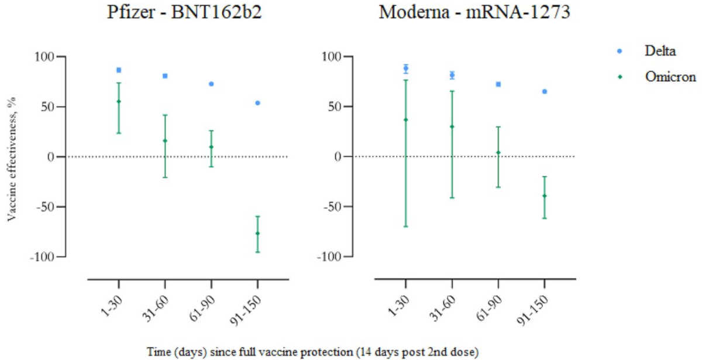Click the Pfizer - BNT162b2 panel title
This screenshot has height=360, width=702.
(184, 12)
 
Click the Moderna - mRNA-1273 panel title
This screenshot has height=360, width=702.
(474, 12)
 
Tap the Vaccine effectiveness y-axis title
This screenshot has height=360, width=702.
(12, 159)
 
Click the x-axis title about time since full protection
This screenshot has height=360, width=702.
(312, 352)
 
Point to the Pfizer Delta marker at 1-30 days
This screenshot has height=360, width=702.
(119, 70)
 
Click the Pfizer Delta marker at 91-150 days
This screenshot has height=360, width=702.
(257, 103)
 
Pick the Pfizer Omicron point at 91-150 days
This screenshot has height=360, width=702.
(257, 234)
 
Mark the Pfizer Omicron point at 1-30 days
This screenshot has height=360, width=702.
(119, 101)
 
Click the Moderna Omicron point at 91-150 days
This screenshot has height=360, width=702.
(545, 196)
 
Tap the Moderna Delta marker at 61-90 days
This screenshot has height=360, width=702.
(498, 84)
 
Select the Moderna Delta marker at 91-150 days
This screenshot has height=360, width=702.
(545, 91)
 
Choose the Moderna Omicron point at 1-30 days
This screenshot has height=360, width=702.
(406, 120)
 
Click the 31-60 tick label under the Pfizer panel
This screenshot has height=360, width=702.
(156, 309)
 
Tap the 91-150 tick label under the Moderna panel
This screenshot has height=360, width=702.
(532, 310)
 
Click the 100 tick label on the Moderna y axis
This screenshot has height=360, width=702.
(332, 57)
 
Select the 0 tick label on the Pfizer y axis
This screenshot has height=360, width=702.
(51, 157)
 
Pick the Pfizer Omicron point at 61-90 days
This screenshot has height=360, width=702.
(211, 147)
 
